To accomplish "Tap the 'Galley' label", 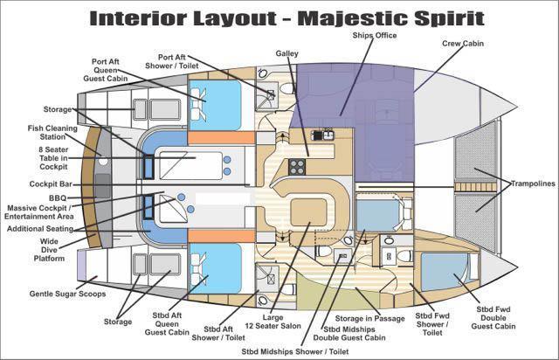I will (x=287, y=53).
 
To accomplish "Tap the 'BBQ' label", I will (x=59, y=198).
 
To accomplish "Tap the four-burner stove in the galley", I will (x=297, y=165).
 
